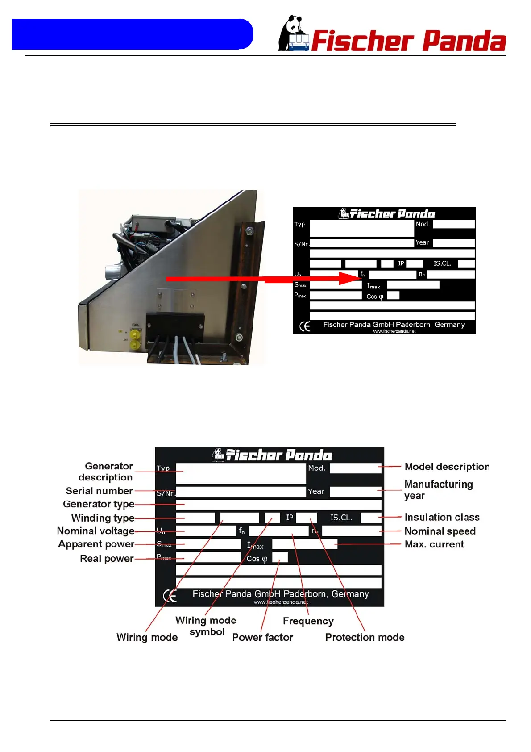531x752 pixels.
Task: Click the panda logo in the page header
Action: click(293, 34)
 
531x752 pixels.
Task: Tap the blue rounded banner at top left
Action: click(132, 34)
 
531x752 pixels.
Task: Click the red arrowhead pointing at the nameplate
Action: click(351, 278)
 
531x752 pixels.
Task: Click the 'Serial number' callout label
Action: click(99, 491)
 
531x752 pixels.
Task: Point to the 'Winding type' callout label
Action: click(103, 518)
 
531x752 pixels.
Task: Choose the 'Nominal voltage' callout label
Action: click(95, 531)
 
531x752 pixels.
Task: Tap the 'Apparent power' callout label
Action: click(96, 544)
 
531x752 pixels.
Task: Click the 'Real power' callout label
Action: click(107, 558)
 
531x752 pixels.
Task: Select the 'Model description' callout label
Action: click(447, 467)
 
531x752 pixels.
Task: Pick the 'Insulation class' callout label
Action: click(442, 517)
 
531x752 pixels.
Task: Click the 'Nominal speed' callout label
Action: click(440, 531)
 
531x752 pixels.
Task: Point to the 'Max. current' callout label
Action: click(434, 544)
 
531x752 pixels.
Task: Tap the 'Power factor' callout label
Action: click(262, 637)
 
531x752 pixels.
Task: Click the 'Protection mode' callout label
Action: click(365, 637)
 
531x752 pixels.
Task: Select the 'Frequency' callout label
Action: click(308, 621)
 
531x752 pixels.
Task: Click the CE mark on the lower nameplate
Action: click(170, 596)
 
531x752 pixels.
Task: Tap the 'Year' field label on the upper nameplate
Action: click(422, 242)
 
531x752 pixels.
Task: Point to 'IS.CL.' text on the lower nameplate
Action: click(341, 518)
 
